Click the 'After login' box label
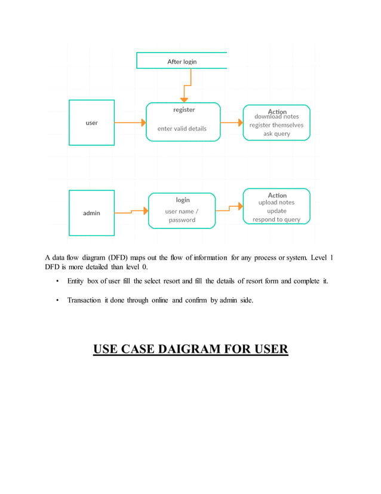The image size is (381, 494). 182,61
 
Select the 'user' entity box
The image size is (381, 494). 91,123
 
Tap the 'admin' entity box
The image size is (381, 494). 91,213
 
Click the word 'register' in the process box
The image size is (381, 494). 184,110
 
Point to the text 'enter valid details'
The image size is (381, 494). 182,129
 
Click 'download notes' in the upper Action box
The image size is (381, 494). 276,117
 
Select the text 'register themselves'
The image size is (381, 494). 276,125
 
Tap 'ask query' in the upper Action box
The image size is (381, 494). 276,134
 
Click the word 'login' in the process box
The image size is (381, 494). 183,200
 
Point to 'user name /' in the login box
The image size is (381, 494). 182,211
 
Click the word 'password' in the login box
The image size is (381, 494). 182,219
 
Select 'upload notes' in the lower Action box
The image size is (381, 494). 276,203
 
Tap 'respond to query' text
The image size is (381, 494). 276,219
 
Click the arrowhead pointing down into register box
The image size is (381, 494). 184,98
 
